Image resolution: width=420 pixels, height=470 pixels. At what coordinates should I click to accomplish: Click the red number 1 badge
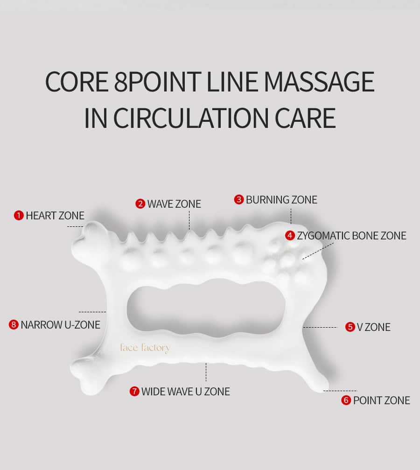click(19, 215)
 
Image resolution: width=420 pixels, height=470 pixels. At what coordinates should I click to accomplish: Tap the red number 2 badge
click(140, 203)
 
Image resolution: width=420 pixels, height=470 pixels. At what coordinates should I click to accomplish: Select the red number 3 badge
click(239, 199)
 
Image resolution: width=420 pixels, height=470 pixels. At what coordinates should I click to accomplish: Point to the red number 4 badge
click(290, 235)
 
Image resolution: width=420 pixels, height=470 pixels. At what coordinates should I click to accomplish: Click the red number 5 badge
click(350, 327)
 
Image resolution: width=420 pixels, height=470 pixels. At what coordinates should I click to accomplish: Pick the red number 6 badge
click(346, 400)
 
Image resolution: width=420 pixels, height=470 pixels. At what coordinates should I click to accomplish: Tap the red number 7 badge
click(134, 391)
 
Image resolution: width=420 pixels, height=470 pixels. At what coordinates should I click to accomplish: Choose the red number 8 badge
click(14, 324)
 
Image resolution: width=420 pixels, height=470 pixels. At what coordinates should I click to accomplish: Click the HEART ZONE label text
click(55, 216)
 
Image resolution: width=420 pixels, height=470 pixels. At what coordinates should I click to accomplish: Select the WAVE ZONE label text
click(174, 204)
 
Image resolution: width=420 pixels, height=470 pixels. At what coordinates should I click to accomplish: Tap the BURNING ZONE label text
click(281, 200)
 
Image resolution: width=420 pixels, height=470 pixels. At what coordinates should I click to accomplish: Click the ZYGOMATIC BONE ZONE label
click(352, 236)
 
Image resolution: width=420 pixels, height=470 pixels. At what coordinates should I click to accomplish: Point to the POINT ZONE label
click(382, 400)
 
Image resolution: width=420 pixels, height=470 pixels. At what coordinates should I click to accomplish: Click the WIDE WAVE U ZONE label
click(186, 392)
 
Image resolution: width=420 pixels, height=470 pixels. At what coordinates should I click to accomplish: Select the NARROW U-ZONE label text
click(61, 325)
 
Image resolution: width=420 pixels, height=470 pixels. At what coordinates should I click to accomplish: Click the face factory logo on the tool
click(145, 348)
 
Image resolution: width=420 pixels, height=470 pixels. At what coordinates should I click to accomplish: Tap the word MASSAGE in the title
click(319, 82)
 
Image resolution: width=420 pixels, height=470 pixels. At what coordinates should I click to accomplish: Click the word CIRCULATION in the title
click(191, 118)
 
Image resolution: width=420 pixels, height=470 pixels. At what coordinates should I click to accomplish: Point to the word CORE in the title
click(77, 82)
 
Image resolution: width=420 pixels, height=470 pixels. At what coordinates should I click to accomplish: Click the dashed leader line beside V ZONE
click(320, 327)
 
